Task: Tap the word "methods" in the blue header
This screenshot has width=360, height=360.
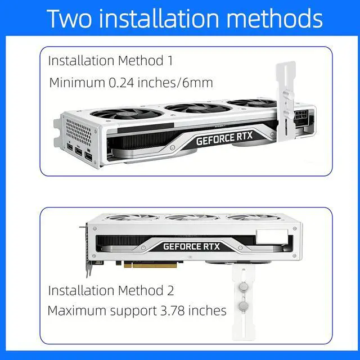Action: point(274,19)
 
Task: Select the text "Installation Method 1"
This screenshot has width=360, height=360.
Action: point(110,61)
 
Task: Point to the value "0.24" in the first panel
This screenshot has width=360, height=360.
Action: point(121,83)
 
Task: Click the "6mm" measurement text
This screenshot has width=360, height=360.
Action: point(197,83)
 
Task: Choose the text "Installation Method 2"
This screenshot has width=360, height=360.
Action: point(111,290)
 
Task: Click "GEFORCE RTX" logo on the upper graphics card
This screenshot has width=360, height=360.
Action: point(224,138)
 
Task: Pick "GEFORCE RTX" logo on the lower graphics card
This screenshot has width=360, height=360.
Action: point(191,246)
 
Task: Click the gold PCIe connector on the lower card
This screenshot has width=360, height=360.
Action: point(150,265)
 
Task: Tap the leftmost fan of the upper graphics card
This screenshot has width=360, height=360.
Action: point(127,114)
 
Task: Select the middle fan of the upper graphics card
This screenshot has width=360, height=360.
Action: point(198,108)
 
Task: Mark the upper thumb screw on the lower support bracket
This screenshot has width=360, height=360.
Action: point(244,286)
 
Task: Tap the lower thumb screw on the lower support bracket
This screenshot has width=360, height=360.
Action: point(244,306)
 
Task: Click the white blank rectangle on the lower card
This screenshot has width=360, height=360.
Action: point(272,236)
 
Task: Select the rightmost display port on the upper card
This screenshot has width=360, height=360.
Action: point(89,156)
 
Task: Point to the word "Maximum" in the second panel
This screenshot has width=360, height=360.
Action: point(77,310)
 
